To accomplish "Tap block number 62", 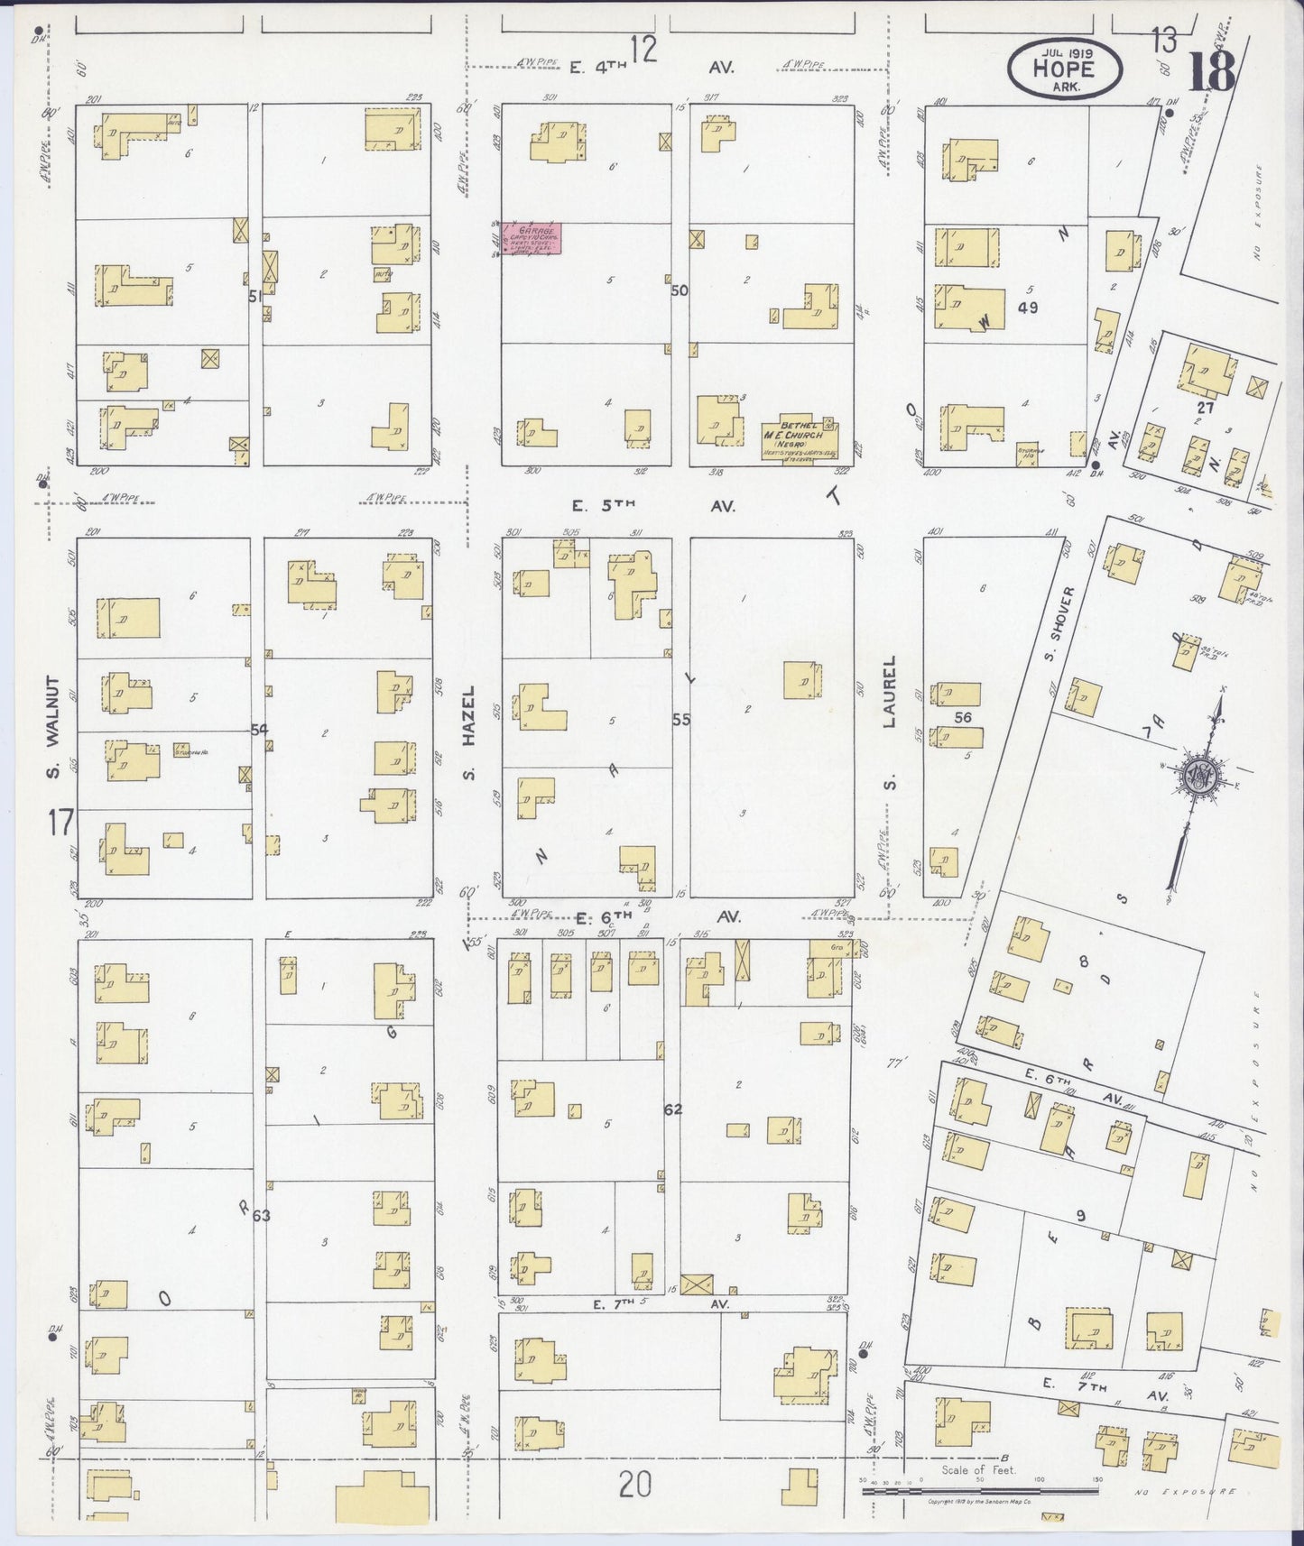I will (x=672, y=1108).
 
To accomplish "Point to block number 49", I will (x=1027, y=308).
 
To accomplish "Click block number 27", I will (x=1206, y=407).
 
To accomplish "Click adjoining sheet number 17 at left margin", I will (x=61, y=823).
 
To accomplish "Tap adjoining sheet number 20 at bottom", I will (x=635, y=1484).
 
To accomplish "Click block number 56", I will (x=964, y=717).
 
